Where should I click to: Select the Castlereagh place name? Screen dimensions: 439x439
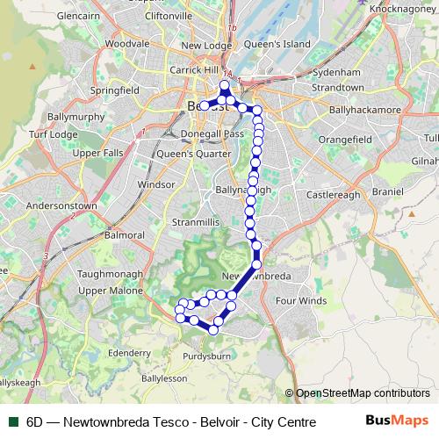tap(333, 194)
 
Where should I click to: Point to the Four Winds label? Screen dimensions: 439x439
tap(300, 300)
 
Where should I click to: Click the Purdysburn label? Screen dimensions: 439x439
tap(206, 356)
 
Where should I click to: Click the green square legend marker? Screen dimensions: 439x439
tap(11, 422)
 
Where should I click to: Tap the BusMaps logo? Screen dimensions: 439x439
tap(396, 421)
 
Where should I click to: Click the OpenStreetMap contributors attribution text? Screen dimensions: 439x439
tap(362, 393)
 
